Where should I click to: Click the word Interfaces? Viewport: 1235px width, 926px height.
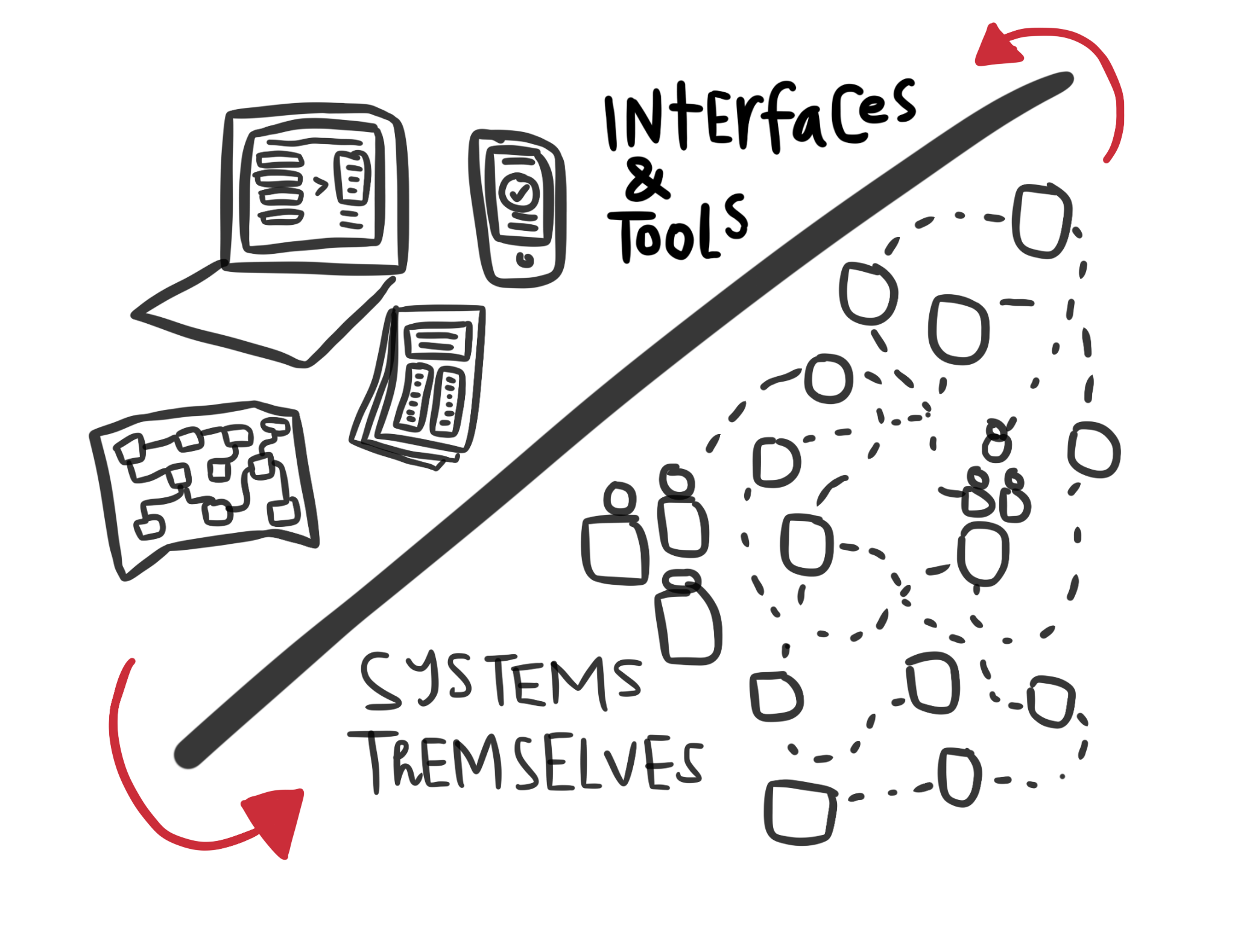760,118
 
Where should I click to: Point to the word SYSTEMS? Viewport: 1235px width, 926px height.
501,681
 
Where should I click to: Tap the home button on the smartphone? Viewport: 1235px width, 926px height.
525,260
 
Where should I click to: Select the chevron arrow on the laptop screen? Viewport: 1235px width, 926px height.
321,186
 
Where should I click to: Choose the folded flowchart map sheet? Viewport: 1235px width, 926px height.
205,482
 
